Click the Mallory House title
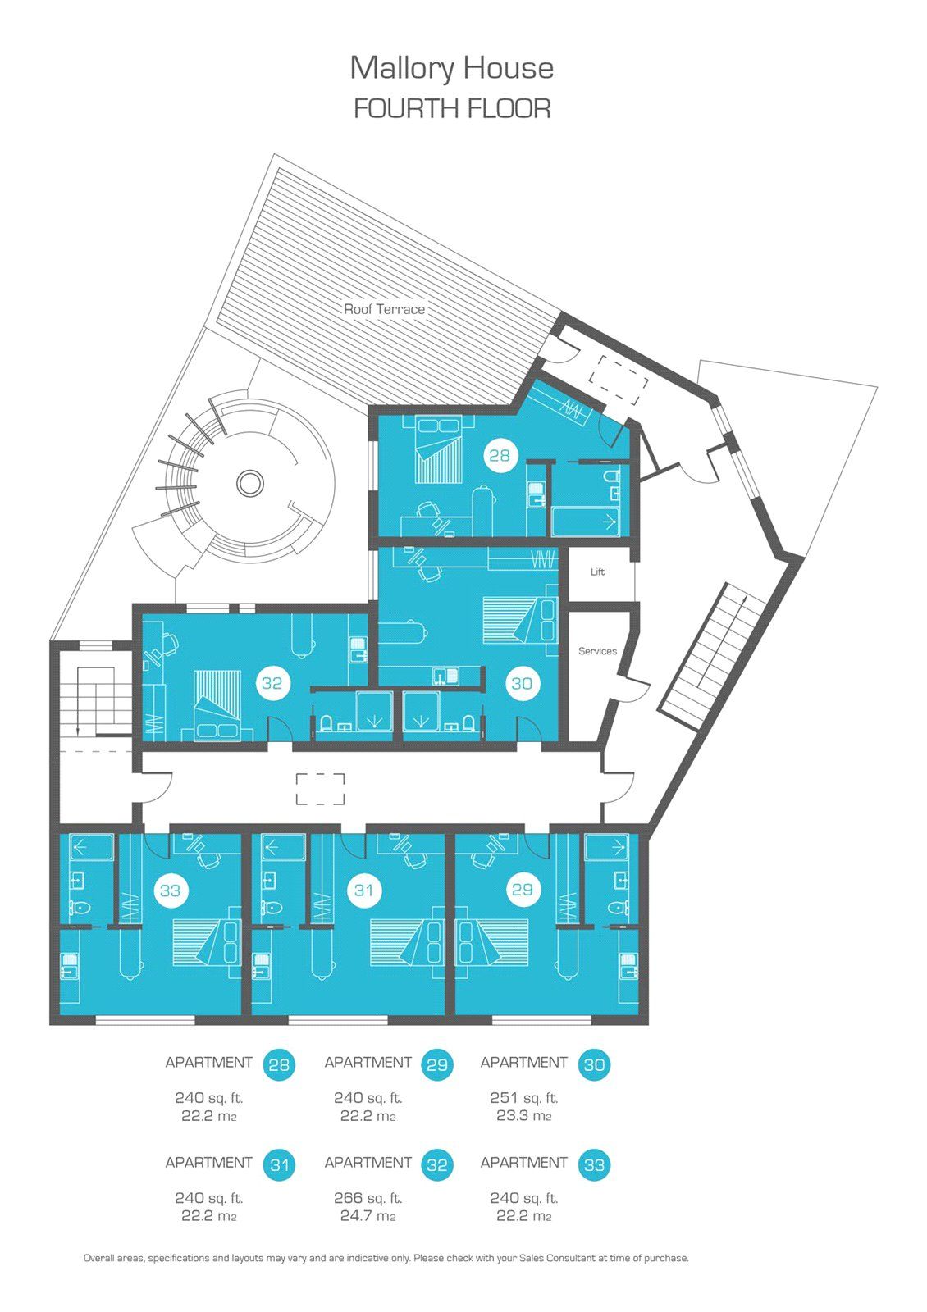pyautogui.click(x=451, y=67)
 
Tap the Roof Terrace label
pyautogui.click(x=384, y=309)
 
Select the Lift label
pyautogui.click(x=597, y=572)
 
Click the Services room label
pyautogui.click(x=597, y=651)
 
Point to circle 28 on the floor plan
pyautogui.click(x=499, y=454)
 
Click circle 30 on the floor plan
pyautogui.click(x=521, y=682)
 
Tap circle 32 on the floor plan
pyautogui.click(x=272, y=682)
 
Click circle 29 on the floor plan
pyautogui.click(x=522, y=889)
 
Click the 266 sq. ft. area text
pyautogui.click(x=368, y=1198)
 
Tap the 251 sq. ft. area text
pyautogui.click(x=523, y=1098)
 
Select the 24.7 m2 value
pyautogui.click(x=368, y=1216)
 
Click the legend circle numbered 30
pyautogui.click(x=594, y=1064)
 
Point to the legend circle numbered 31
pyautogui.click(x=279, y=1165)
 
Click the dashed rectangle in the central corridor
pyautogui.click(x=320, y=789)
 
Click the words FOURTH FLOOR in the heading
pyautogui.click(x=451, y=108)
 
